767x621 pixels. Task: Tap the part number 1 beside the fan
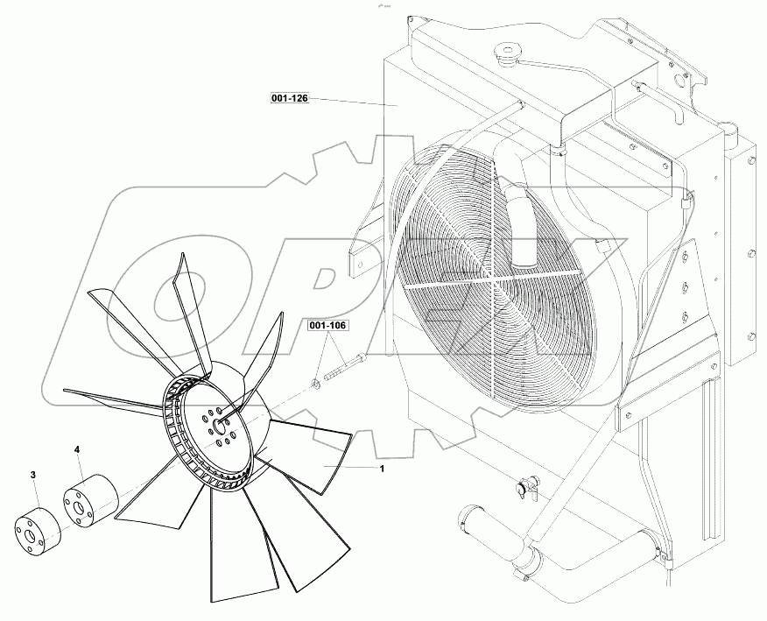pyautogui.click(x=382, y=468)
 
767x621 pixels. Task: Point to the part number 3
pyautogui.click(x=33, y=475)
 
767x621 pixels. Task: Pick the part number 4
pyautogui.click(x=77, y=449)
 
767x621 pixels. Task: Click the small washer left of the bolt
pyautogui.click(x=313, y=383)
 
